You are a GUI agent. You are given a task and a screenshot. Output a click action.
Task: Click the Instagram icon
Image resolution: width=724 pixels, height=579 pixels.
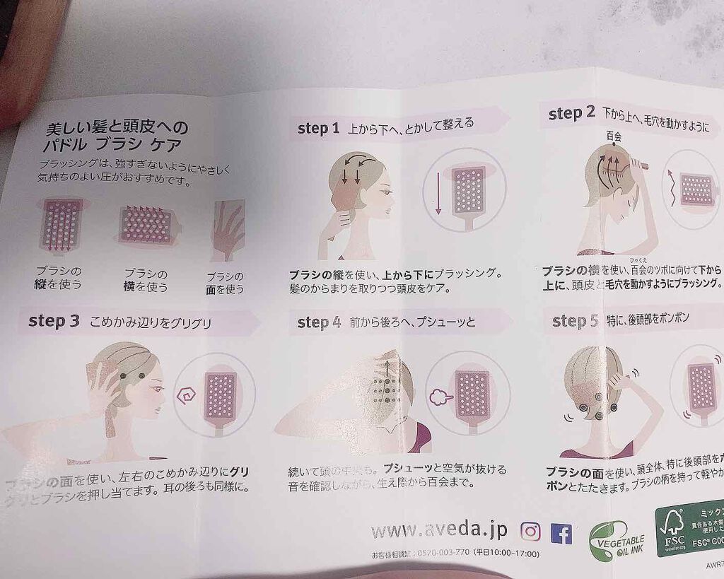(x=530, y=531)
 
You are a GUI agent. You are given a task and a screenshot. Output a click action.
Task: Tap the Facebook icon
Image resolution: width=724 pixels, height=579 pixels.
(x=561, y=532)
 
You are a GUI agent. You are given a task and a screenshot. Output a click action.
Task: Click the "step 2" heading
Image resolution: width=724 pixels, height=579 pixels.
(x=571, y=113)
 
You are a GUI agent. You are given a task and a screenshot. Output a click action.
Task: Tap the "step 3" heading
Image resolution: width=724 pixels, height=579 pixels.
(x=54, y=320)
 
